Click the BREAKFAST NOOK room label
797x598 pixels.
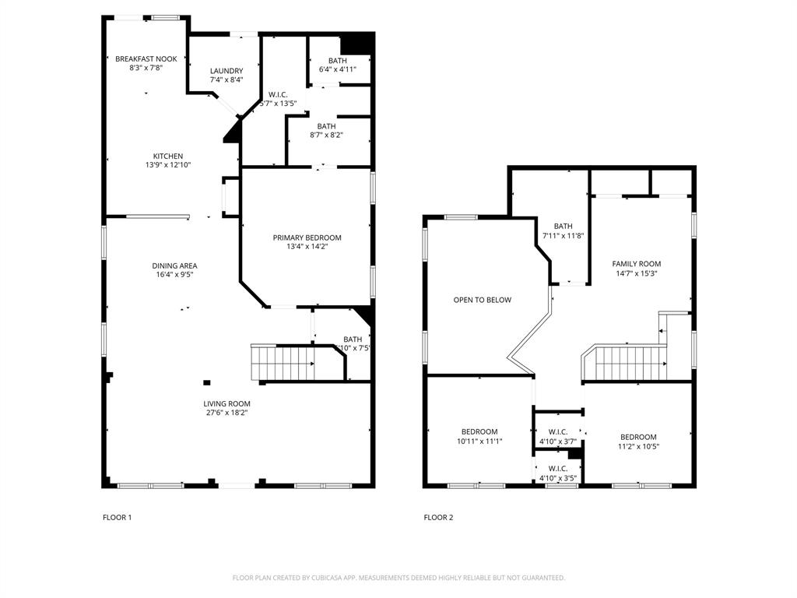click(x=146, y=59)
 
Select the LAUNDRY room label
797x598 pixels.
click(x=226, y=71)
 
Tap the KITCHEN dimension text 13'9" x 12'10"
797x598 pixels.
click(x=167, y=165)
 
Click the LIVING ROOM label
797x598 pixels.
click(x=226, y=403)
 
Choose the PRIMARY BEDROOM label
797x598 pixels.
click(x=307, y=237)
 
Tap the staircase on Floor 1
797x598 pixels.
click(x=282, y=362)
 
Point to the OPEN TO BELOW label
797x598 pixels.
click(x=483, y=300)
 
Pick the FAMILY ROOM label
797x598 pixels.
click(x=636, y=264)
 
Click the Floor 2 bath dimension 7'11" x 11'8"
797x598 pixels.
click(x=563, y=236)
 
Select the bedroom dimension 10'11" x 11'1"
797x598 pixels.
click(x=479, y=441)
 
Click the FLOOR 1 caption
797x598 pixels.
click(x=118, y=517)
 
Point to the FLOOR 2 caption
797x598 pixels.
click(x=438, y=517)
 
